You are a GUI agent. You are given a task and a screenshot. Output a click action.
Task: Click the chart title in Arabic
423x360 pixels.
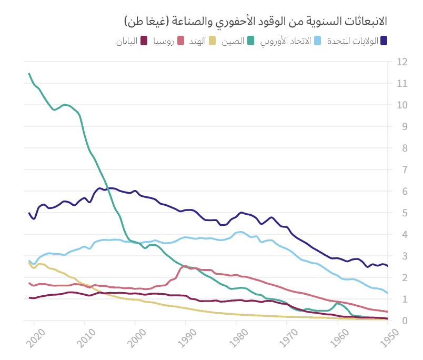point(256,21)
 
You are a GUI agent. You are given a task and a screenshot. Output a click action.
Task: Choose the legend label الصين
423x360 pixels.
point(231,41)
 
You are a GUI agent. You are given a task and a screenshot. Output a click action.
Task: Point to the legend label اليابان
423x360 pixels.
point(127,41)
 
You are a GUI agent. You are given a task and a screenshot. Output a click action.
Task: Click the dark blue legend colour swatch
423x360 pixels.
point(384,41)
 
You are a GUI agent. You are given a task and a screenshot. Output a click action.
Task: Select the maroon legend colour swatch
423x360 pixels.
point(144,41)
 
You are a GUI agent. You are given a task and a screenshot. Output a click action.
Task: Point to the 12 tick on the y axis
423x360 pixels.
point(402,62)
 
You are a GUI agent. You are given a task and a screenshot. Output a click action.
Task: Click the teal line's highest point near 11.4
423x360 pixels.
point(29,74)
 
